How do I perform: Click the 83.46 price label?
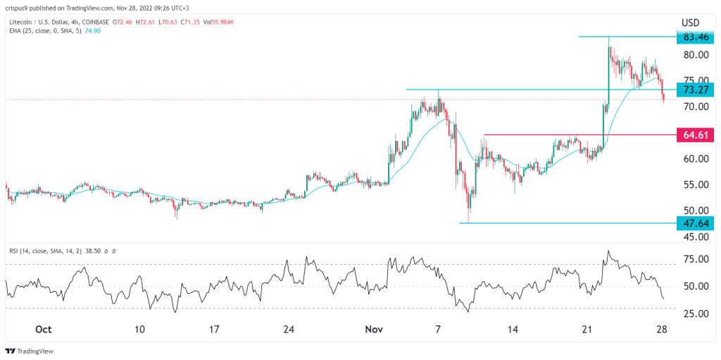tap(696, 37)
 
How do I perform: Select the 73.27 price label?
tap(696, 90)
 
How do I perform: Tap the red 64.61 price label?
tap(696, 135)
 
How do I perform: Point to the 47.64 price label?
tap(696, 223)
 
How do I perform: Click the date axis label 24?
tap(287, 330)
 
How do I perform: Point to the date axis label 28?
tap(662, 330)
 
